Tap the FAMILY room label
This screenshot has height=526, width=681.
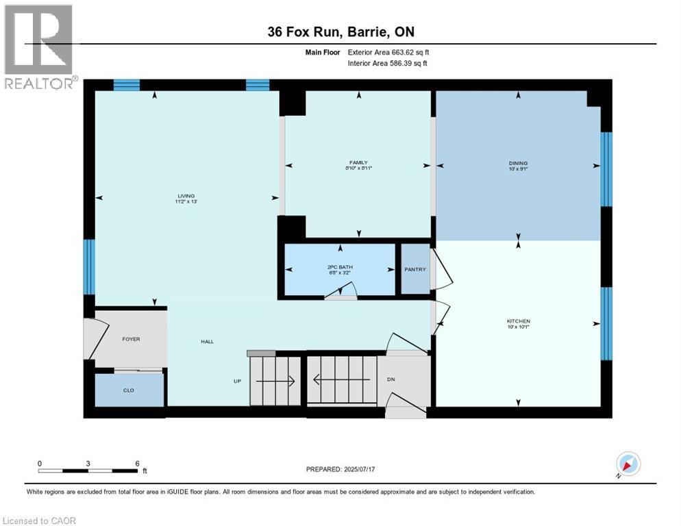click(358, 163)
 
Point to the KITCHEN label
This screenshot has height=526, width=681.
click(518, 321)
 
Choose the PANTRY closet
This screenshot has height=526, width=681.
click(415, 269)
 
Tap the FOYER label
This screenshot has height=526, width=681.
click(131, 339)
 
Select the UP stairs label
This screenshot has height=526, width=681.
click(237, 381)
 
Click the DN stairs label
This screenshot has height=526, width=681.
click(391, 379)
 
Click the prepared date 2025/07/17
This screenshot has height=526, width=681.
click(340, 469)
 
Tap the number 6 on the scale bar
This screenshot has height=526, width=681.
click(137, 463)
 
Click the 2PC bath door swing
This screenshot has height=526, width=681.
click(340, 294)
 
